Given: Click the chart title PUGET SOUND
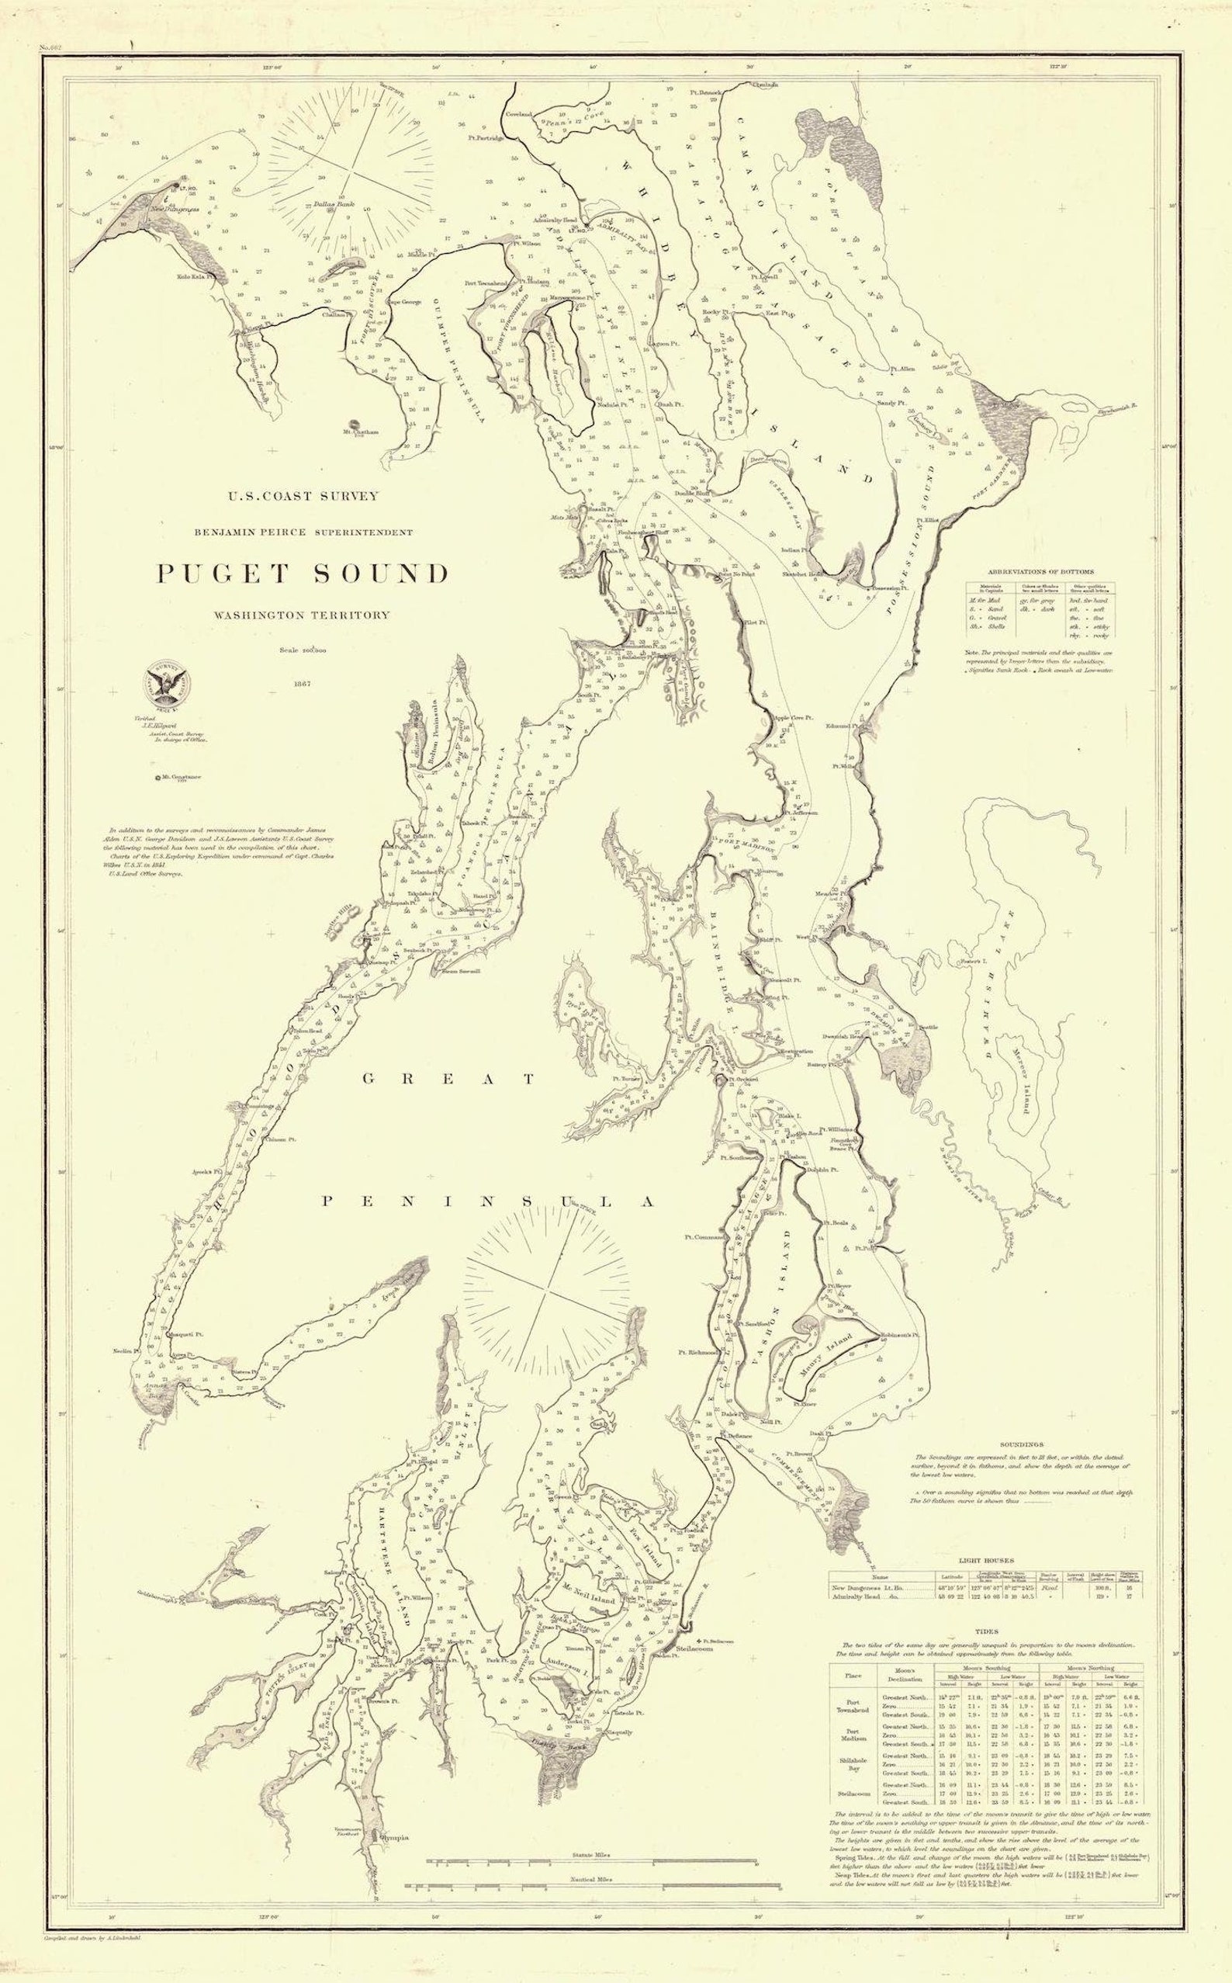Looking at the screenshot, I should point(303,574).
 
